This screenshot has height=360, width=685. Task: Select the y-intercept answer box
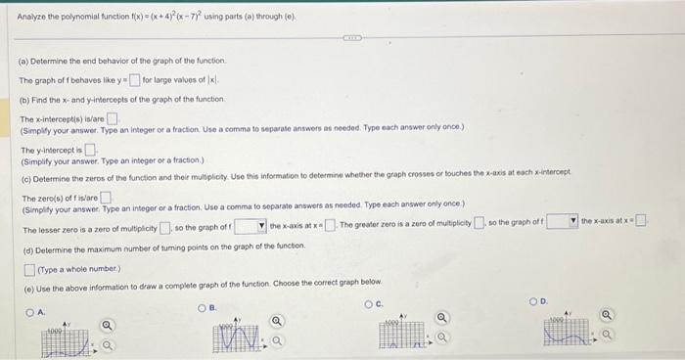pos(89,150)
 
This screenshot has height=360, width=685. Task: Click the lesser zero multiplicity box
pos(166,229)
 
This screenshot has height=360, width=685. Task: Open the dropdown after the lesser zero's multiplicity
pos(250,229)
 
